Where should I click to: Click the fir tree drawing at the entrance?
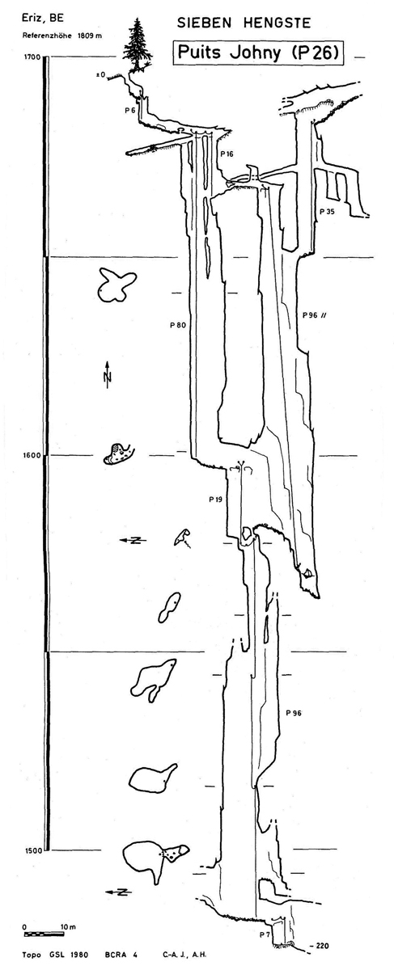coord(138,45)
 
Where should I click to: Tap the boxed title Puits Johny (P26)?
coord(258,53)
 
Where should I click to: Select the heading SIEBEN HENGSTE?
coord(244,23)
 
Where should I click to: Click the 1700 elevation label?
coord(32,57)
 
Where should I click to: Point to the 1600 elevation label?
coord(32,455)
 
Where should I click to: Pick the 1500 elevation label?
coord(32,850)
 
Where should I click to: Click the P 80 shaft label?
coord(178,325)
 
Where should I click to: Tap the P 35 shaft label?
coord(328,212)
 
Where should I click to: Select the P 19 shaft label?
coord(215,500)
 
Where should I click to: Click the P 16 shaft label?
coord(227,154)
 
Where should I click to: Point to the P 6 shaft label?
coord(130,111)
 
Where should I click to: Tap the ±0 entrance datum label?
coord(100,75)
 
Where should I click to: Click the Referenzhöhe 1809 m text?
coord(62,36)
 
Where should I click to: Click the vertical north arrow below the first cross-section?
coord(108,374)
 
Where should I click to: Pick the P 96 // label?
coord(314,315)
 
